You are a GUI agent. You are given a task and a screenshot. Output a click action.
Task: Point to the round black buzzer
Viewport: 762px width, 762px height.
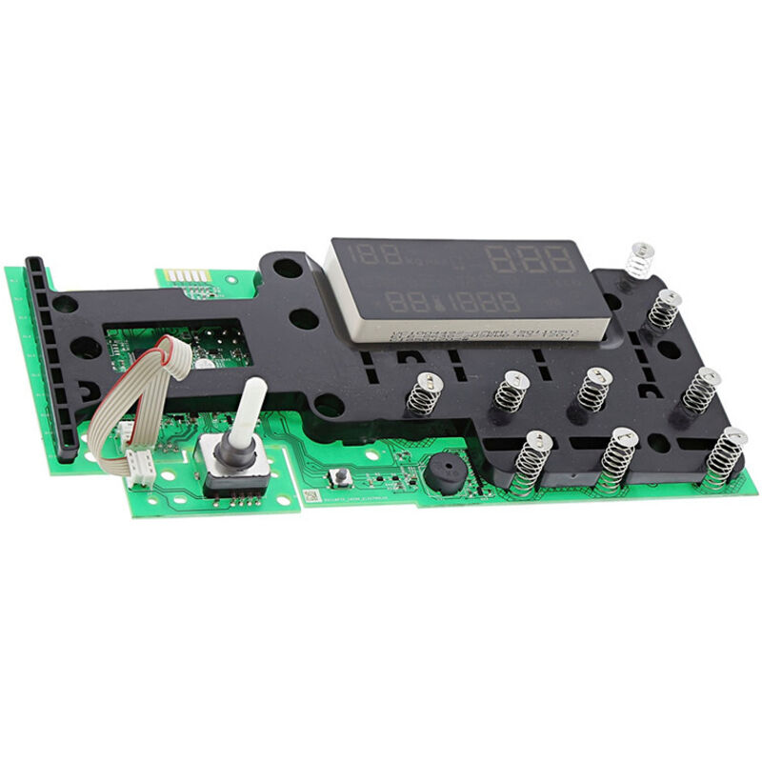443,473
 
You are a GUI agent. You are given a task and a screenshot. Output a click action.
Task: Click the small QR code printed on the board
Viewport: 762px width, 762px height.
310,496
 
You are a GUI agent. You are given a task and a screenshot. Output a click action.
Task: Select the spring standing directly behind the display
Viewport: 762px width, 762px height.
639,260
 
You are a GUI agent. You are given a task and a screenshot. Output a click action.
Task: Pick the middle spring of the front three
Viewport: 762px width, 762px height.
618,461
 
